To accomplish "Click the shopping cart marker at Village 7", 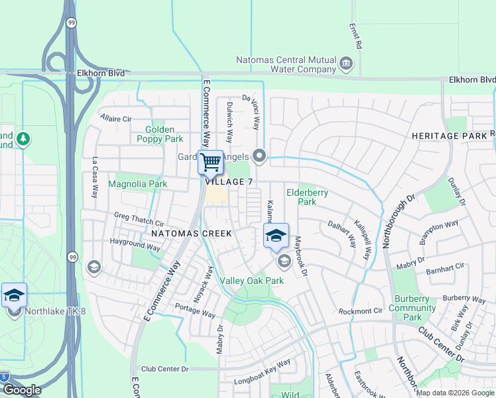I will tap(210, 162).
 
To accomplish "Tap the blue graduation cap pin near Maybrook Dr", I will tap(277, 235).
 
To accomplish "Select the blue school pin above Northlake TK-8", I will tap(14, 295).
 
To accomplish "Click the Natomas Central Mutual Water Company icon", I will tap(345, 64).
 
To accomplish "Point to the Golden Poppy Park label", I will tap(160, 134).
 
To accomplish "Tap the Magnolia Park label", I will tap(137, 184).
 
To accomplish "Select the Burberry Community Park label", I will tap(412, 308).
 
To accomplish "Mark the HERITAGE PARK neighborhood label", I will tap(449, 135).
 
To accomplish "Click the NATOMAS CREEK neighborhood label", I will tap(192, 233).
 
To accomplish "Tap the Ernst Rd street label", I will tap(359, 36).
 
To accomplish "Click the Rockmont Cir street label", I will tap(361, 311).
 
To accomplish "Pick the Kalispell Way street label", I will tap(365, 239).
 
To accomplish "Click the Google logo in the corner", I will tap(22, 390).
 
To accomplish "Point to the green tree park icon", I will tap(24, 139).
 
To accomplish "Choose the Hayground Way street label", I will tap(135, 245).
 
